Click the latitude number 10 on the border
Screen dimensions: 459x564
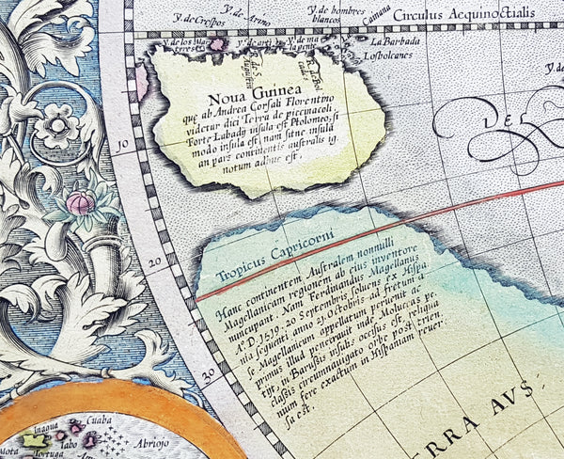122,145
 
